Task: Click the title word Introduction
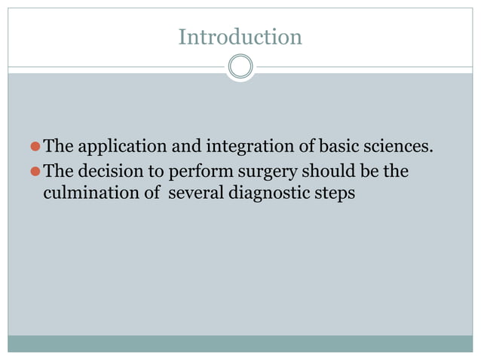[240, 36]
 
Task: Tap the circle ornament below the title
[240, 67]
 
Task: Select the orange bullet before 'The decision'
[35, 172]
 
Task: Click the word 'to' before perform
[158, 172]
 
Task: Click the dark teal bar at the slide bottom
[240, 343]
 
